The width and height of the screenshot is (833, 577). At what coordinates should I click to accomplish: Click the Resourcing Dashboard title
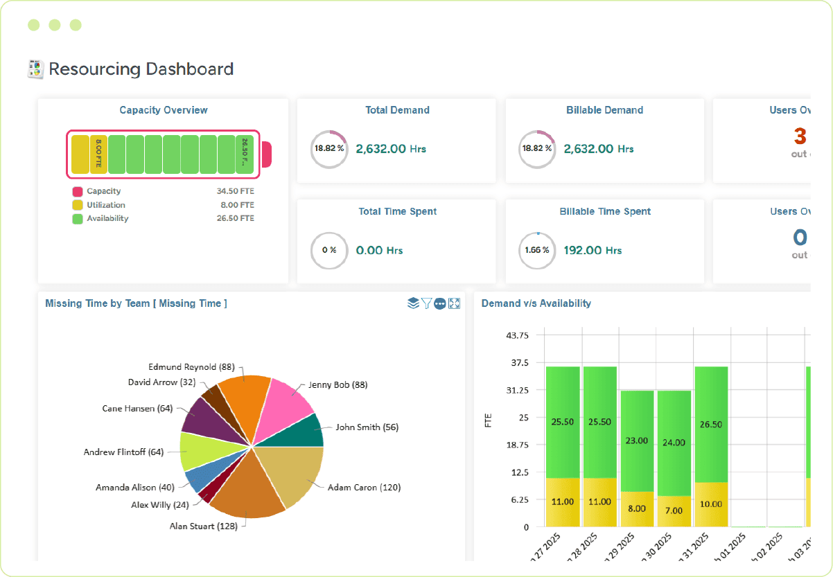click(141, 69)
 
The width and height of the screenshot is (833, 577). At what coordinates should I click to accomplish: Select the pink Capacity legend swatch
click(78, 192)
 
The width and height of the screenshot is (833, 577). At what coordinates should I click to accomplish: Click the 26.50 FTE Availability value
click(235, 218)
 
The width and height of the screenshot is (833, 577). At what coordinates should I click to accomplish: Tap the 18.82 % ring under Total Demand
click(329, 149)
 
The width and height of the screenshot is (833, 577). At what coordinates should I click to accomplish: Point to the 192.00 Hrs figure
click(593, 251)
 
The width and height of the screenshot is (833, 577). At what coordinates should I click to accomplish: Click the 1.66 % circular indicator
click(537, 251)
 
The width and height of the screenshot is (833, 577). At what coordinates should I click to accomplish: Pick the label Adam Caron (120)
click(364, 488)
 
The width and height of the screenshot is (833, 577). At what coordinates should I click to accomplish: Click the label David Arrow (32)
click(161, 382)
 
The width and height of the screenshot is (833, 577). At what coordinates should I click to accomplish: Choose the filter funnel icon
click(426, 303)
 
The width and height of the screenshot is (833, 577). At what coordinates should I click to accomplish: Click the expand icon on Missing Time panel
click(455, 303)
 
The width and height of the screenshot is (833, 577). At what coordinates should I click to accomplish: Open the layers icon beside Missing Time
click(413, 303)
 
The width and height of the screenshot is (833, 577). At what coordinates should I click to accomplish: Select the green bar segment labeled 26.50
click(711, 424)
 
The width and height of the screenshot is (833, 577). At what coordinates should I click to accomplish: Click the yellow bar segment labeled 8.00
click(637, 508)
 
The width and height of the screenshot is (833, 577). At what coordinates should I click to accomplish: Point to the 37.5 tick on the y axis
click(518, 362)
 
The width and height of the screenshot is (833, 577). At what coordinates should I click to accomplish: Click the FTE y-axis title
click(488, 420)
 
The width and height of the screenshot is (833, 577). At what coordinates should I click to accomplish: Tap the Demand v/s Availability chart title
click(536, 303)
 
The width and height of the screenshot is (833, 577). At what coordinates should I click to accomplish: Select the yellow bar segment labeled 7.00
click(674, 511)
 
